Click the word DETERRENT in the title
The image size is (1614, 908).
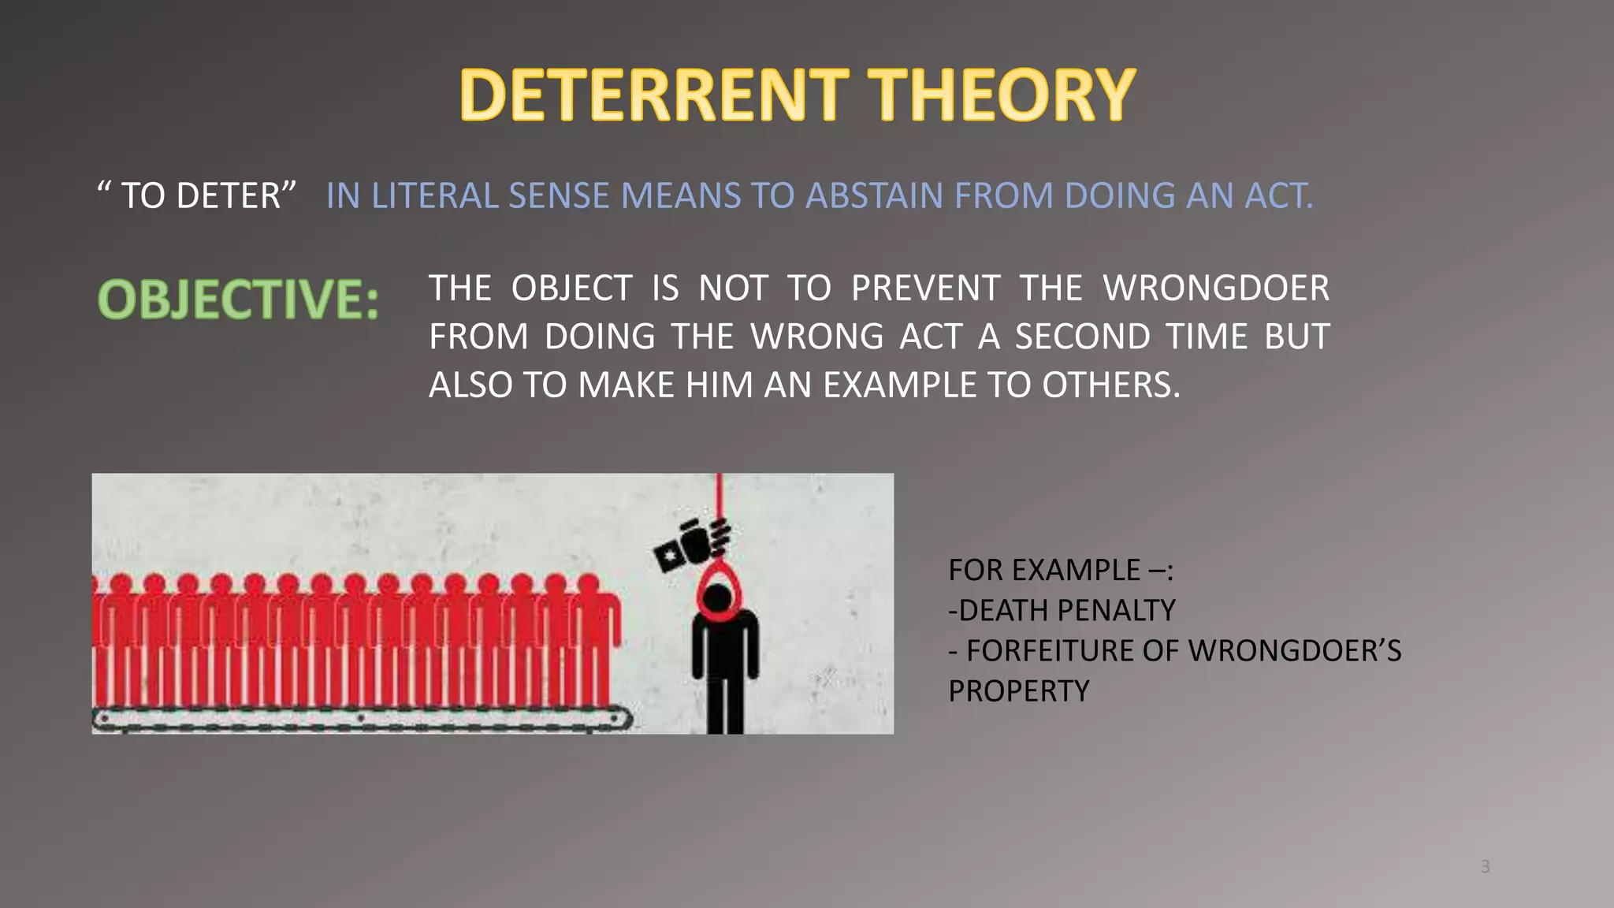[654, 95]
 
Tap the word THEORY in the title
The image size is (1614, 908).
[1002, 95]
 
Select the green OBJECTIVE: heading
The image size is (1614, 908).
[238, 300]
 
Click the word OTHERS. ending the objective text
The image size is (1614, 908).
[1111, 385]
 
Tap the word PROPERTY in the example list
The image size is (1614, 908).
[1018, 691]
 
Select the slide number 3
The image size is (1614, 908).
[1485, 867]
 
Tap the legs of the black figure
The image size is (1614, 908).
[725, 701]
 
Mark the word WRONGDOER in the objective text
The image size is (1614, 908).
[1216, 288]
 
